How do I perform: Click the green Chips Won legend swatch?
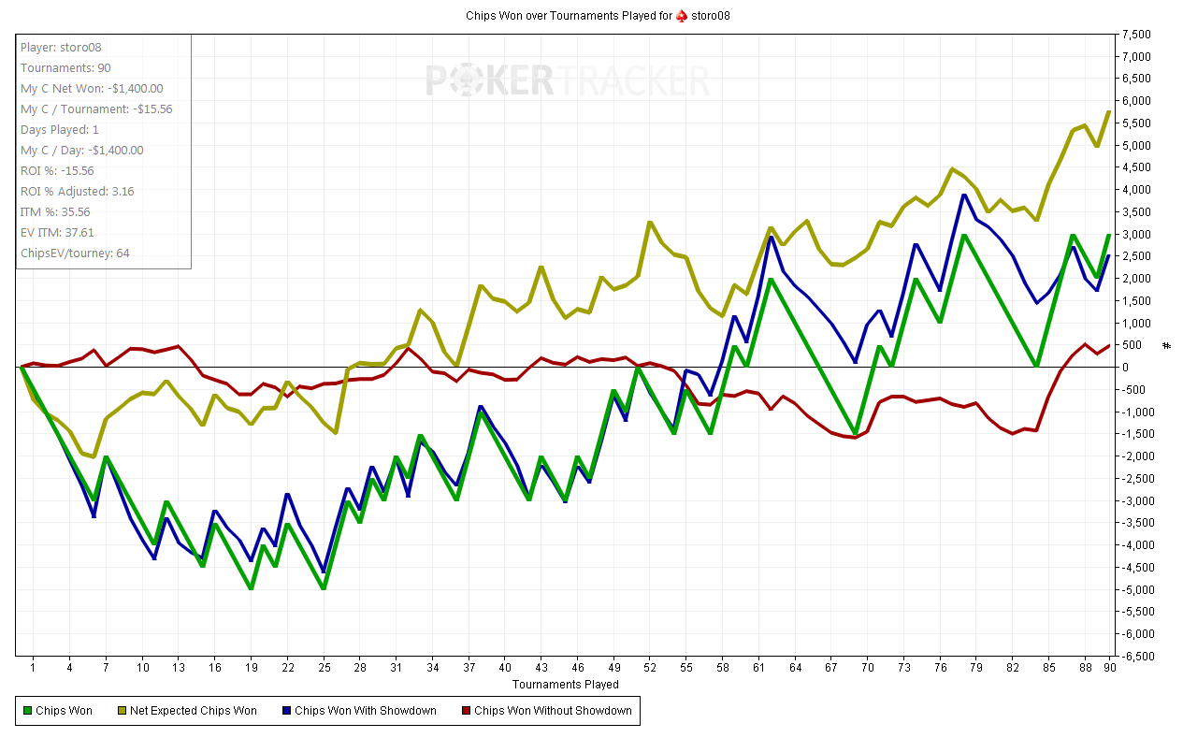coord(27,711)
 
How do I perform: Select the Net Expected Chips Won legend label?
coord(193,711)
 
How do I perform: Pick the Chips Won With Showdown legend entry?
coord(365,711)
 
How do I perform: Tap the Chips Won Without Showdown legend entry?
coord(553,711)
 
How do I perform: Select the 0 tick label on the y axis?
coord(1125,368)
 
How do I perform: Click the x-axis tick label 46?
coord(578,668)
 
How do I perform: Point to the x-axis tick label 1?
coord(33,668)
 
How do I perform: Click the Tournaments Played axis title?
coord(565,684)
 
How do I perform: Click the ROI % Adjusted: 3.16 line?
coord(77,192)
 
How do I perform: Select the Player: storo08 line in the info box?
coord(63,47)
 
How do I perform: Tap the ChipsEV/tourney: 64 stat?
coord(75,253)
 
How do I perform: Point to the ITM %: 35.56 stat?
coord(55,212)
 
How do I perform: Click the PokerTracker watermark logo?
coord(568,80)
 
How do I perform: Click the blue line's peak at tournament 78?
coord(964,195)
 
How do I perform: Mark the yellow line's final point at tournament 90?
coord(1109,111)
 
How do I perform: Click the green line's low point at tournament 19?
coord(251,588)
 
